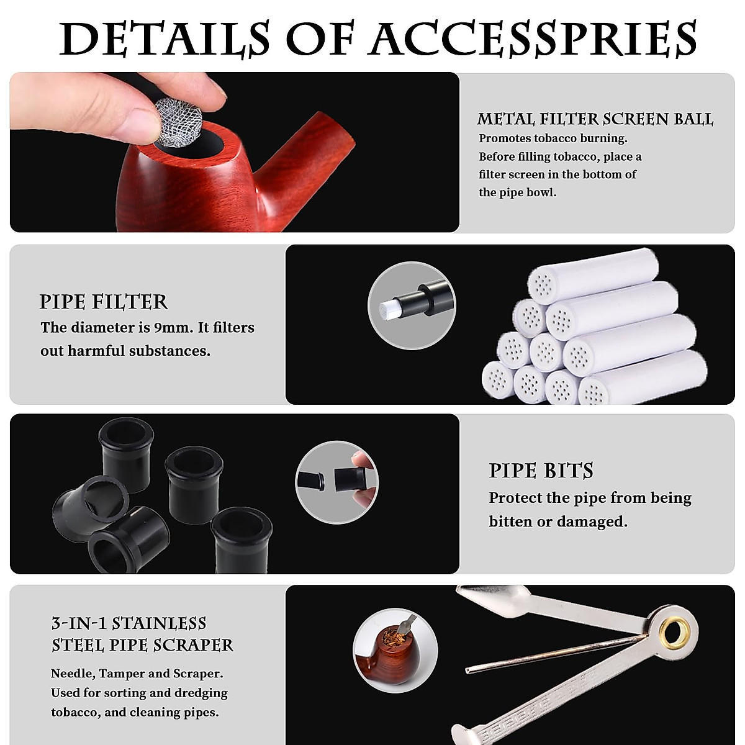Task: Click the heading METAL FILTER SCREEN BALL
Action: pos(595,119)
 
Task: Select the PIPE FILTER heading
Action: pos(104,302)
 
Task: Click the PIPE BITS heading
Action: pos(541,471)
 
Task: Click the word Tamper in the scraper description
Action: pos(121,674)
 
